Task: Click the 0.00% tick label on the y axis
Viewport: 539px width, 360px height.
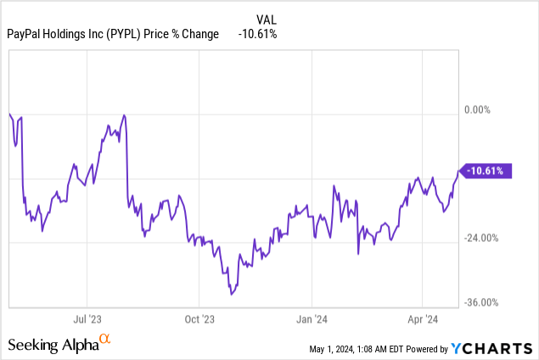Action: (x=479, y=110)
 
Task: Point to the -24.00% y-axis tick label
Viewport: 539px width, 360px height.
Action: (x=481, y=238)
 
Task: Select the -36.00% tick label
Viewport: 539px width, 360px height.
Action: (x=481, y=302)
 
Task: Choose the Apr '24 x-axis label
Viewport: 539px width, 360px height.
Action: (x=423, y=320)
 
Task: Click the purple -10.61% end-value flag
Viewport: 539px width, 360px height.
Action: (x=485, y=172)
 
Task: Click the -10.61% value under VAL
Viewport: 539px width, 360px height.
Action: (x=257, y=34)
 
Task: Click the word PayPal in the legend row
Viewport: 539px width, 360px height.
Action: (x=25, y=34)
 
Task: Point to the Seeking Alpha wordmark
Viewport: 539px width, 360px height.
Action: (x=53, y=345)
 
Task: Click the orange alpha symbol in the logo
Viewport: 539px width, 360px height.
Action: (x=105, y=340)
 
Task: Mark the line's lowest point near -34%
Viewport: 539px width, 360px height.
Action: (x=232, y=295)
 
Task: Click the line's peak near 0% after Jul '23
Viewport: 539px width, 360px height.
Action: (x=125, y=115)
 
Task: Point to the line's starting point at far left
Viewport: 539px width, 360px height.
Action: (x=8, y=114)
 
